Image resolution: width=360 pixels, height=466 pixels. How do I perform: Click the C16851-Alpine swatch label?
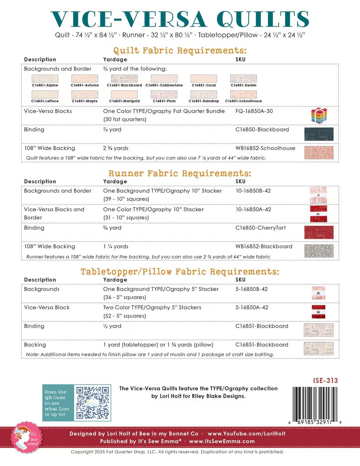[x=45, y=85]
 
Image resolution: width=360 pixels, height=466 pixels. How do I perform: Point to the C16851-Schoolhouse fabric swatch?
[x=243, y=94]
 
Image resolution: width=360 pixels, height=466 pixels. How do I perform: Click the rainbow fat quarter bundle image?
[x=319, y=115]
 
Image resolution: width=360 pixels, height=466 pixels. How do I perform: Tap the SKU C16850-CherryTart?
[x=261, y=228]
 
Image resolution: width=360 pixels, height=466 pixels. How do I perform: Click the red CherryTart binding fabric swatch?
[x=319, y=232]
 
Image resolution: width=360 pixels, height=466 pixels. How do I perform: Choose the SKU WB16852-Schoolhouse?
[x=265, y=148]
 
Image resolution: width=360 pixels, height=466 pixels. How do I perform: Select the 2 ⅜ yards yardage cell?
[x=116, y=148]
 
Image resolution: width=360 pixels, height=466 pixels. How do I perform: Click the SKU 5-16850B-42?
[x=252, y=289]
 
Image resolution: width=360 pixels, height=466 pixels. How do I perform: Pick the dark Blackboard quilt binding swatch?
[x=319, y=134]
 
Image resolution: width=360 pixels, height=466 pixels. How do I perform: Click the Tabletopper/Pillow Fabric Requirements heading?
[x=180, y=271]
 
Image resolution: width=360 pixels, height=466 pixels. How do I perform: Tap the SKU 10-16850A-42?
[x=253, y=209]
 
